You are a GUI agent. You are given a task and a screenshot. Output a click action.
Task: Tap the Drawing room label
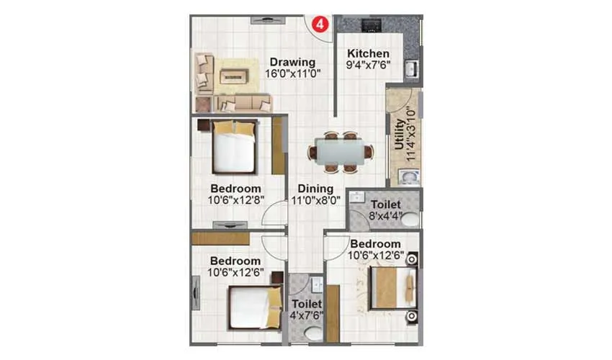292,61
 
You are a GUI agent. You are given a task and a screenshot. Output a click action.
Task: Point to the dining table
341,151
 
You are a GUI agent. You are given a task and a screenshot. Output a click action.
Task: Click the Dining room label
315,189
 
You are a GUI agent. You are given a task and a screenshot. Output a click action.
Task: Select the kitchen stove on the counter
371,26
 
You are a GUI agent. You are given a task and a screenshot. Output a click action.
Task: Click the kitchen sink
410,70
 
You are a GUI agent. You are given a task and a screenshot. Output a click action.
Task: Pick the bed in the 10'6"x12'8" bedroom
235,148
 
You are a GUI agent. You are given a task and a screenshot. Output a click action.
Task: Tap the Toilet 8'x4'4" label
386,205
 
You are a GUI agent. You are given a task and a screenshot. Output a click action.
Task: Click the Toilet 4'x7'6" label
306,305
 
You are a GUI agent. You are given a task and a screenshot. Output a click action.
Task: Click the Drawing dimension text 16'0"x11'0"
292,73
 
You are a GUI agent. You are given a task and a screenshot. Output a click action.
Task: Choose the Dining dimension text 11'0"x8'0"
315,201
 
